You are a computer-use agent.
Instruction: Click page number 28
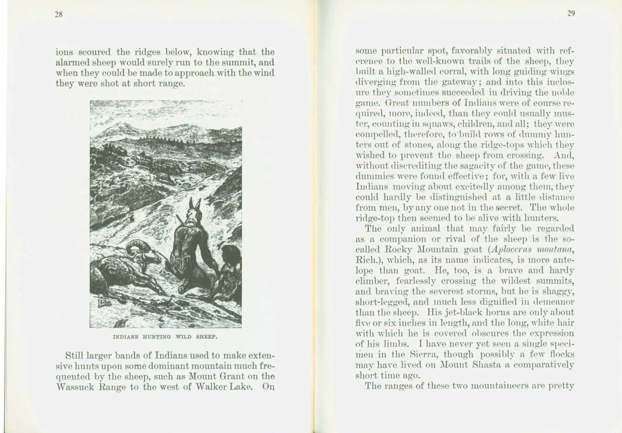click(x=59, y=14)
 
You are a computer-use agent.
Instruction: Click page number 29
click(x=571, y=13)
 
